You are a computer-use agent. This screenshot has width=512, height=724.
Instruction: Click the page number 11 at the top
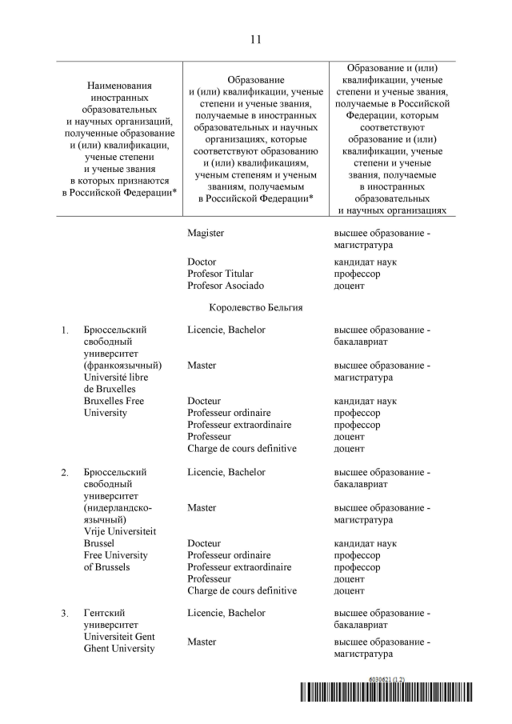pos(255,39)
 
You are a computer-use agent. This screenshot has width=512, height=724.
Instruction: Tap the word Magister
pos(206,233)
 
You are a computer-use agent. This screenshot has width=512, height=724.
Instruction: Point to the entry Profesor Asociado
pos(225,286)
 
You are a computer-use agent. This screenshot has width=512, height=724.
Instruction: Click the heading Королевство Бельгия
pos(255,306)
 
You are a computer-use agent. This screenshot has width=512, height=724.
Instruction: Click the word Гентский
pos(104,613)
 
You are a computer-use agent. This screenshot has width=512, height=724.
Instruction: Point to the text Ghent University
pos(119,649)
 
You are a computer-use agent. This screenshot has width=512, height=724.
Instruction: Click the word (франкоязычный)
pos(118,365)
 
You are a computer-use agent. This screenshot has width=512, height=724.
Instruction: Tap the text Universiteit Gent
pos(119,637)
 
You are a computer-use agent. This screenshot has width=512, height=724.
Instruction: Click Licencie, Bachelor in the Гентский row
pos(226,613)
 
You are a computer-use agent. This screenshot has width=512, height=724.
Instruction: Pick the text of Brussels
pos(110,567)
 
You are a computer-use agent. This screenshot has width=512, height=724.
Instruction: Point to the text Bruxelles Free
pos(114,401)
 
